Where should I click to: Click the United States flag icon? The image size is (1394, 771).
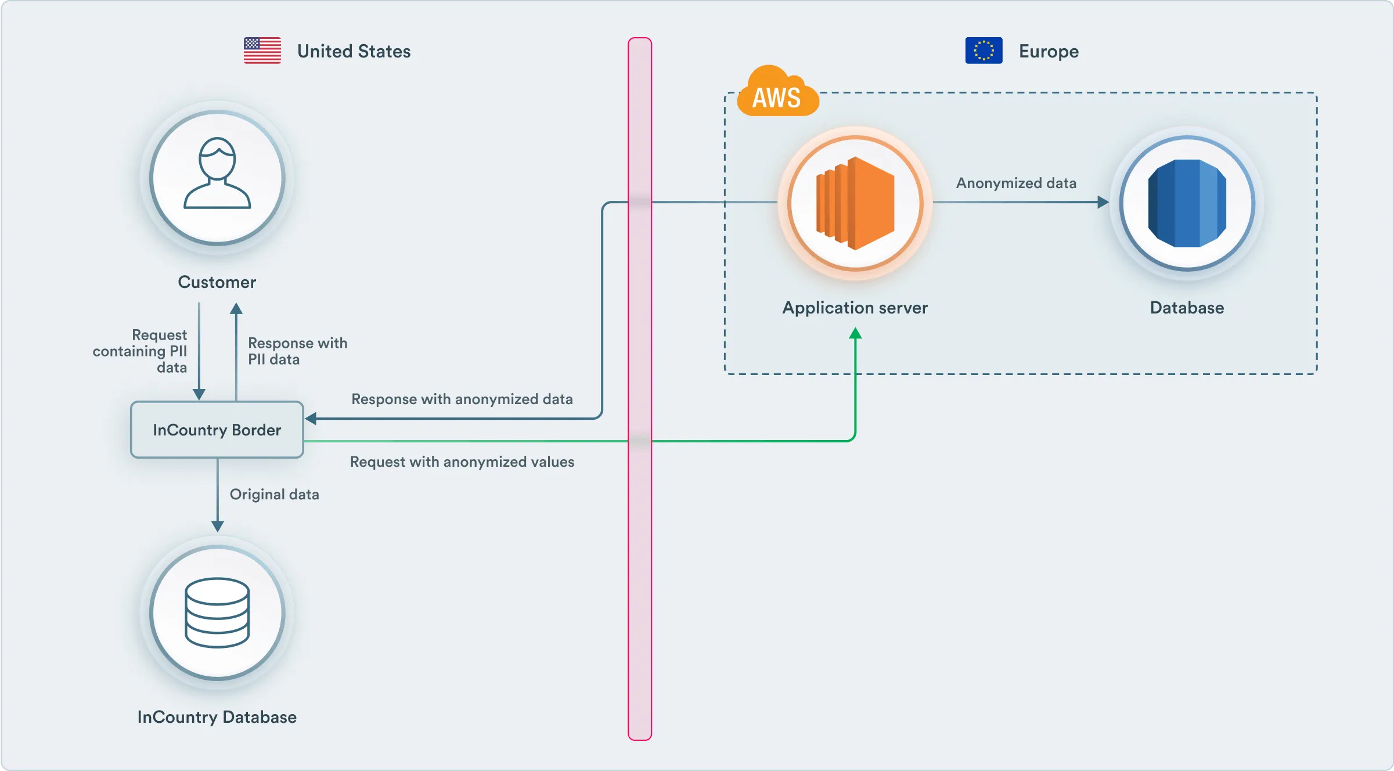(262, 51)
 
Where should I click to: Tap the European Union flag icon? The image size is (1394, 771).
(984, 51)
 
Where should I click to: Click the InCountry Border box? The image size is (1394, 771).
(217, 430)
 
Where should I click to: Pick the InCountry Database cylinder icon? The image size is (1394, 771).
(217, 613)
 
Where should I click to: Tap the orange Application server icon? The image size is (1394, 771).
(855, 203)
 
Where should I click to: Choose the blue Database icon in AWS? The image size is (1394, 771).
(1187, 203)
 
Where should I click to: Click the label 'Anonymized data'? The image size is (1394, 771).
(1016, 183)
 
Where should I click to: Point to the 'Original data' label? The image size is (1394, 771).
(275, 495)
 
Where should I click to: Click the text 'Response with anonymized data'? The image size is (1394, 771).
(462, 399)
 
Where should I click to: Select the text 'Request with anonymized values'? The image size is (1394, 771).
(462, 462)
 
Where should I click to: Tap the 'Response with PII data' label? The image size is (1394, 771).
(297, 351)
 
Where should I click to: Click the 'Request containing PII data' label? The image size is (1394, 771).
(141, 351)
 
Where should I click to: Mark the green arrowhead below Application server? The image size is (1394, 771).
(855, 334)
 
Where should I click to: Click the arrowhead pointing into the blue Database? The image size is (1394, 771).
(1103, 202)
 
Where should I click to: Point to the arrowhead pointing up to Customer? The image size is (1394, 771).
(236, 308)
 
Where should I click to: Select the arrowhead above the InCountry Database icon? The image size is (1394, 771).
(218, 526)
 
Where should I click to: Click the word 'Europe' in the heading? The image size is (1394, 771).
(1049, 51)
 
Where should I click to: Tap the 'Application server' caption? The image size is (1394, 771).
(855, 308)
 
